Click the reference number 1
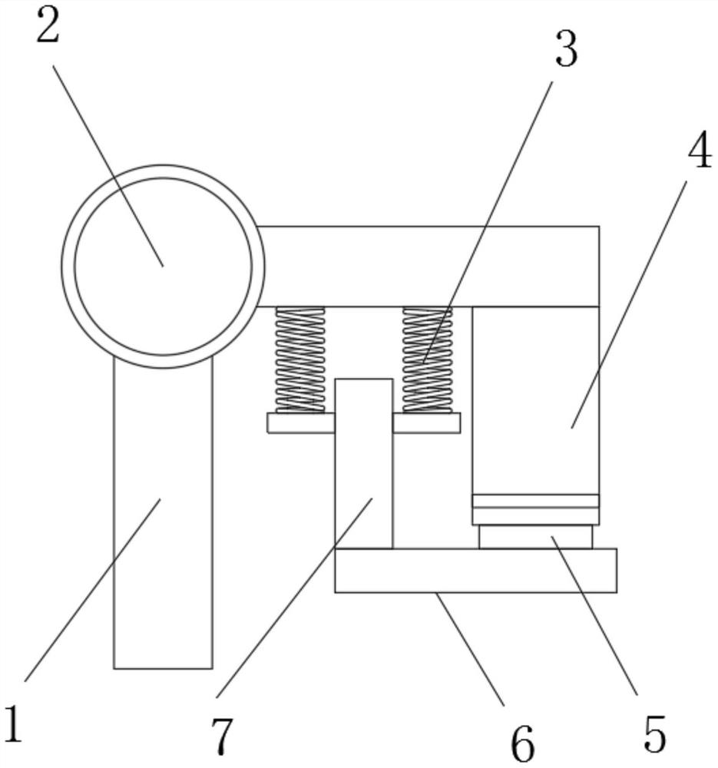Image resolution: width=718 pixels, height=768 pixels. pyautogui.click(x=12, y=724)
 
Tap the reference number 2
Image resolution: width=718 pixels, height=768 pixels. pyautogui.click(x=47, y=28)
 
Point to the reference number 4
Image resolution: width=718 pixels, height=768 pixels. pyautogui.click(x=698, y=153)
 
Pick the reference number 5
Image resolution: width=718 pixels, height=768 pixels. pyautogui.click(x=653, y=733)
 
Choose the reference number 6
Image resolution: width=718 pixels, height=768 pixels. pyautogui.click(x=523, y=743)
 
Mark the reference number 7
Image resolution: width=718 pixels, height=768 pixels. pyautogui.click(x=221, y=737)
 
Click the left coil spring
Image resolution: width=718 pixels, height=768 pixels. pyautogui.click(x=300, y=359)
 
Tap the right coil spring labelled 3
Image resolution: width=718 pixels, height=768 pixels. pyautogui.click(x=428, y=359)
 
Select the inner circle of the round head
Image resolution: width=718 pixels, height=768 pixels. pyautogui.click(x=163, y=266)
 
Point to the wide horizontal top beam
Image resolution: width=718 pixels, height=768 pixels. pyautogui.click(x=430, y=266)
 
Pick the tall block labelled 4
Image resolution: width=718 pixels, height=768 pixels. pyautogui.click(x=535, y=399)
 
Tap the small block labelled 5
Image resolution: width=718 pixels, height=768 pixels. pyautogui.click(x=535, y=537)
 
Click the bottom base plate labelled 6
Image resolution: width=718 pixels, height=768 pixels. pyautogui.click(x=475, y=571)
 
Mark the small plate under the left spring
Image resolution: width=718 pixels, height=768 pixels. pyautogui.click(x=300, y=423)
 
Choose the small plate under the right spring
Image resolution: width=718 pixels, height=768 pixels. pyautogui.click(x=427, y=423)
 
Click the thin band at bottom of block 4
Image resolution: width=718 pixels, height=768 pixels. pyautogui.click(x=535, y=502)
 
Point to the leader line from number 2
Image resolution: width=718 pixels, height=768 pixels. pyautogui.click(x=108, y=165)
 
